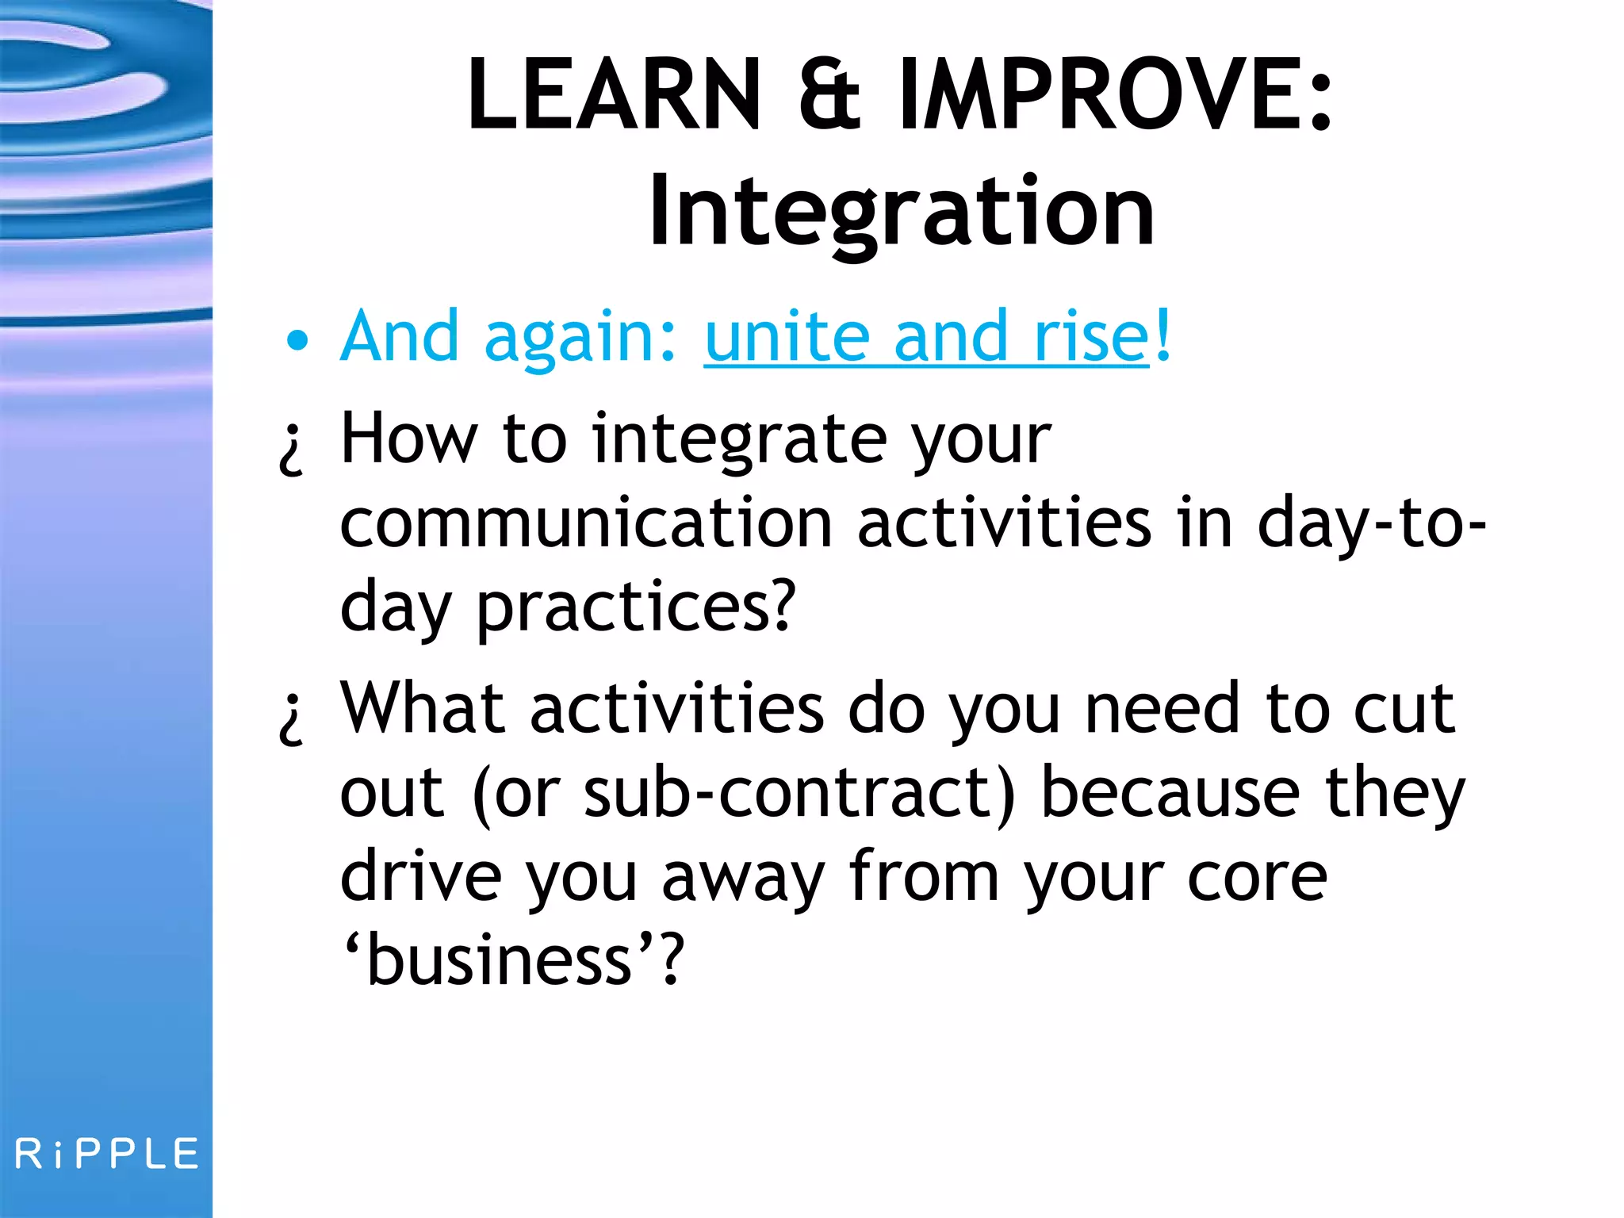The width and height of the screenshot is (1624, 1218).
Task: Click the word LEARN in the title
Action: point(615,95)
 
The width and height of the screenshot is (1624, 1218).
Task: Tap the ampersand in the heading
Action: point(829,95)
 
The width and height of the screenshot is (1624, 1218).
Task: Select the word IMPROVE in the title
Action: point(1102,95)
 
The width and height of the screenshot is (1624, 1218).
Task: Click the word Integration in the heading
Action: point(902,213)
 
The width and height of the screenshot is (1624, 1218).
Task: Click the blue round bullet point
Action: point(297,341)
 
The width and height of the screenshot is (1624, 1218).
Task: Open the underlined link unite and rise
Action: point(925,337)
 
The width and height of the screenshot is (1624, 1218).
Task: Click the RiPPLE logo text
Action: point(106,1154)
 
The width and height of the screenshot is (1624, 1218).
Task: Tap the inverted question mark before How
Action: point(291,449)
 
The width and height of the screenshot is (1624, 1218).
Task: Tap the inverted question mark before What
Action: point(291,718)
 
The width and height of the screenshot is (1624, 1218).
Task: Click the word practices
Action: point(634,609)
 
